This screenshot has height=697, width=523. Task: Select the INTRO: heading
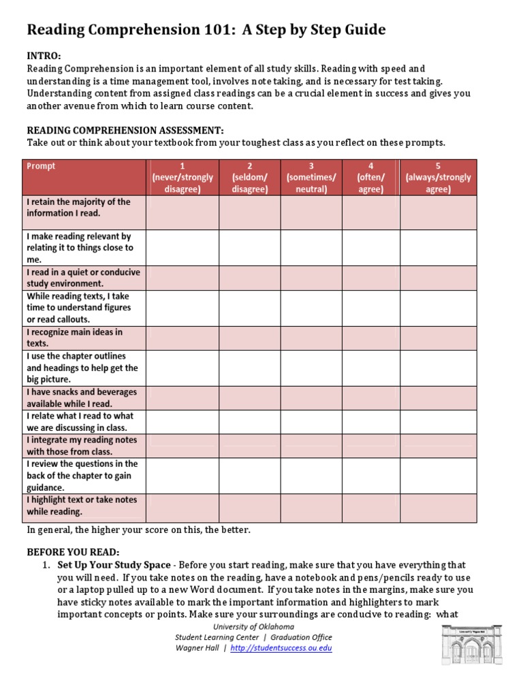pyautogui.click(x=44, y=56)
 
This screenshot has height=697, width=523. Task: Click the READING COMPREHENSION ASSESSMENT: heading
pyautogui.click(x=125, y=130)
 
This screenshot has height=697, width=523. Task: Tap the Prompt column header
pyautogui.click(x=41, y=166)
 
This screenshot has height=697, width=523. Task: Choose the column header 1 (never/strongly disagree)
pyautogui.click(x=182, y=178)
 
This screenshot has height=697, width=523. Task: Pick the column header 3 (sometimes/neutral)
pyautogui.click(x=311, y=178)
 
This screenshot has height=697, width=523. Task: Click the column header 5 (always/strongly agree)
pyautogui.click(x=438, y=178)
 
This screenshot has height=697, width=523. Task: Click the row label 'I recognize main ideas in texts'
pyautogui.click(x=75, y=338)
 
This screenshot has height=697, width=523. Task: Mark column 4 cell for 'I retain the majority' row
pyautogui.click(x=370, y=213)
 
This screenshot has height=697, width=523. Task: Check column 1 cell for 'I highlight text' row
pyautogui.click(x=182, y=508)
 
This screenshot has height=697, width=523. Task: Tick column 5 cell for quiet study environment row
pyautogui.click(x=438, y=278)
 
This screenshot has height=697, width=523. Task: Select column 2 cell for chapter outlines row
pyautogui.click(x=249, y=368)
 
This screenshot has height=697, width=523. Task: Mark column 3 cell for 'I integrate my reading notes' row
pyautogui.click(x=311, y=446)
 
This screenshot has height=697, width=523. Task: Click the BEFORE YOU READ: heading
pyautogui.click(x=73, y=552)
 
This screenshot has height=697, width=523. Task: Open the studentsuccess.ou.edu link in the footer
pyautogui.click(x=281, y=649)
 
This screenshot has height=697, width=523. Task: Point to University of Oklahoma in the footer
pyautogui.click(x=254, y=626)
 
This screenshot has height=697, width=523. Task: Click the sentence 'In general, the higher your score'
pyautogui.click(x=138, y=530)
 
